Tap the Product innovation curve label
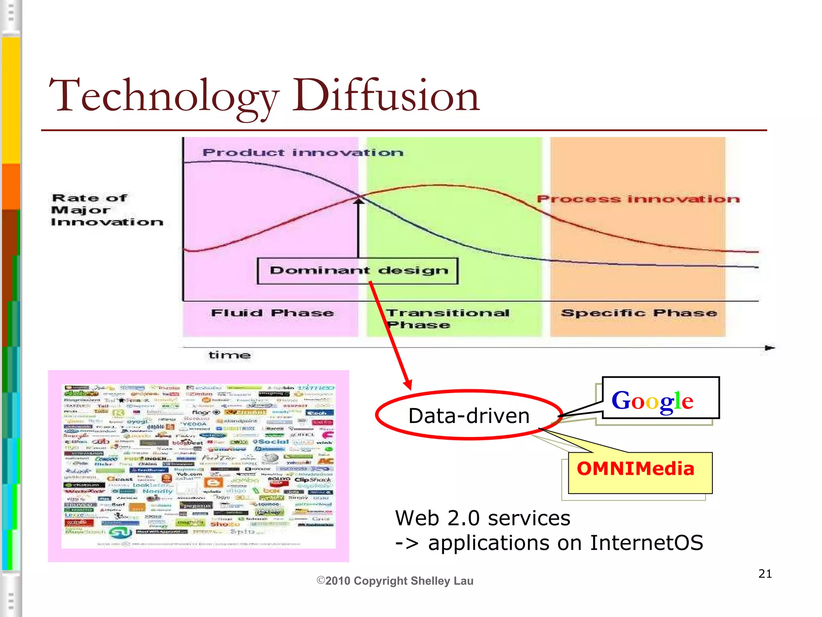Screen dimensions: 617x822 (x=303, y=153)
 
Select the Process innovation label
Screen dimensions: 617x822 (x=638, y=199)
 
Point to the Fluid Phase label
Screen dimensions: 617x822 (x=272, y=313)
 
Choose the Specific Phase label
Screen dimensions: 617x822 (x=639, y=313)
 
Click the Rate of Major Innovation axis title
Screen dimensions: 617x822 (x=107, y=210)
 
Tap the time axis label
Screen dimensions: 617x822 (x=230, y=355)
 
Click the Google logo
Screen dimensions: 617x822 (x=652, y=401)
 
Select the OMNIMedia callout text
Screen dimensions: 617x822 (x=635, y=469)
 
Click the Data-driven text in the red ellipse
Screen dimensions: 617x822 (x=469, y=415)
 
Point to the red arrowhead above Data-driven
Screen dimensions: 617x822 (x=408, y=384)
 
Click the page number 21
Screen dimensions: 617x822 (x=765, y=574)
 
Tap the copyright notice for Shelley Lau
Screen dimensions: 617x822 (x=395, y=581)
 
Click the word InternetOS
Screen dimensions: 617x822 (x=646, y=543)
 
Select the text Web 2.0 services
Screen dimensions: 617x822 (x=482, y=518)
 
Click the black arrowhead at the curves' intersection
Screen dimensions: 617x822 (x=358, y=200)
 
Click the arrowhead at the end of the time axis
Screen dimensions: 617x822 (x=769, y=348)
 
